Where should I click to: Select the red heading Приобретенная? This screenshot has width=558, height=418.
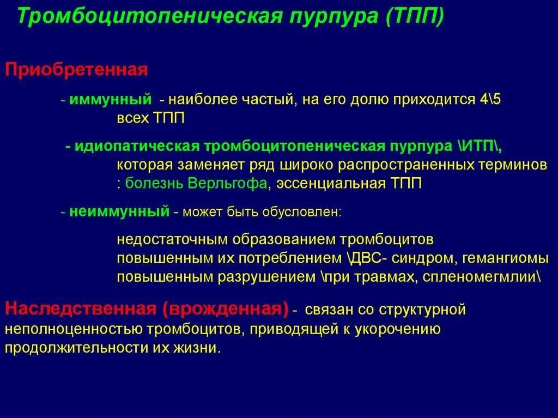77,70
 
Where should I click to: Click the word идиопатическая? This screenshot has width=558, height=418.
138,147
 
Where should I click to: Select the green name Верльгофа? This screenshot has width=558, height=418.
228,184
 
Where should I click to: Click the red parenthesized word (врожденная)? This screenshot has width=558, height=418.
225,309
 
